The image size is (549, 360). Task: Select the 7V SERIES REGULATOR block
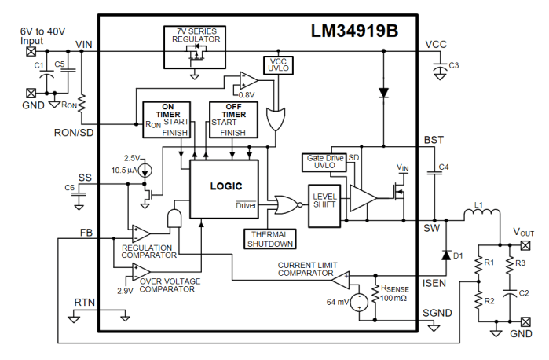tap(193, 46)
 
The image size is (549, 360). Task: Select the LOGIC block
tap(225, 188)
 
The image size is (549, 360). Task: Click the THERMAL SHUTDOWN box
tap(269, 239)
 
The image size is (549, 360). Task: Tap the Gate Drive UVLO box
tap(324, 163)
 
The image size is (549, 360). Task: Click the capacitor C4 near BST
tap(433, 170)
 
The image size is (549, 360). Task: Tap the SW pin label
tap(431, 228)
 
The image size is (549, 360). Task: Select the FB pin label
tap(86, 233)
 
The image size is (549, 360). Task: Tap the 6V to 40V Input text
tap(44, 35)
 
